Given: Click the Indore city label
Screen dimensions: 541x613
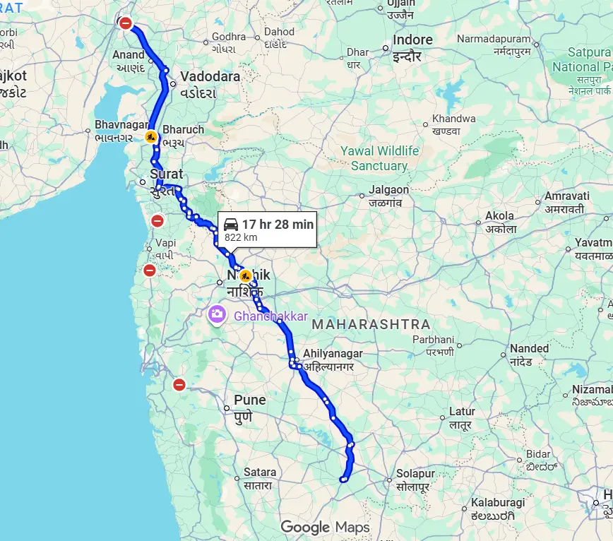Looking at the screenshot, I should point(412,40).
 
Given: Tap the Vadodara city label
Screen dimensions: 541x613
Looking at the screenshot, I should point(210,76).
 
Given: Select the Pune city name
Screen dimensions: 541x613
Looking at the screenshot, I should point(249,400).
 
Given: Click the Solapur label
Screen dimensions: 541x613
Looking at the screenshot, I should point(415,474).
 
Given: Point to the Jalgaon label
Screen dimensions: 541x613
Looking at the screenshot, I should point(388,190).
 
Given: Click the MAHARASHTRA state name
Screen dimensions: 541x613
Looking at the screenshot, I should point(371,324).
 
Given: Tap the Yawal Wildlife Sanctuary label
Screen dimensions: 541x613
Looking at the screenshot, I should point(379,158).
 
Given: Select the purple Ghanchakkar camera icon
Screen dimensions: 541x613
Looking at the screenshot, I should point(217,314).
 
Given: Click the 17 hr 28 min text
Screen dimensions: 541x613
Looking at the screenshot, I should point(278,224).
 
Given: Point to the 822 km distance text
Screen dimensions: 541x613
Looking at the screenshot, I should point(241,237).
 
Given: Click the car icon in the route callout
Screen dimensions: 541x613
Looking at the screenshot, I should point(231,224).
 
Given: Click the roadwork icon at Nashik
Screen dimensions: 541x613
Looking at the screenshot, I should point(245,275).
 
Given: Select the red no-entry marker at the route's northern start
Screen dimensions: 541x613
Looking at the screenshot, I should point(126,23).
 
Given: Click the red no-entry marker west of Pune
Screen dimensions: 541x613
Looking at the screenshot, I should point(179,385).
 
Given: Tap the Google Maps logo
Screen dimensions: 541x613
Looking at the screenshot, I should point(325,527).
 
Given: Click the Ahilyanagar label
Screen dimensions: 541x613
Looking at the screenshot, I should point(333,353).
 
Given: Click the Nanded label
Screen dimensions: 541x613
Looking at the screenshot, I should point(530,348).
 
